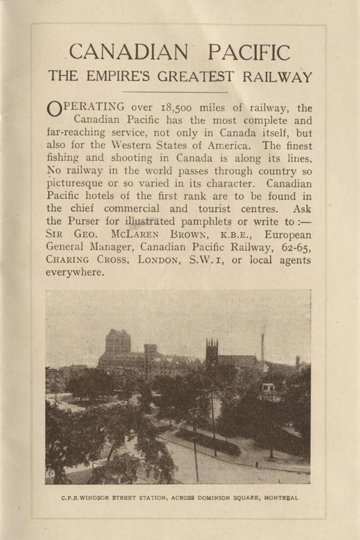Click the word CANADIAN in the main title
(x=128, y=53)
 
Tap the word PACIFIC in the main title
(x=248, y=53)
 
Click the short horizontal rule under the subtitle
(x=180, y=92)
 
